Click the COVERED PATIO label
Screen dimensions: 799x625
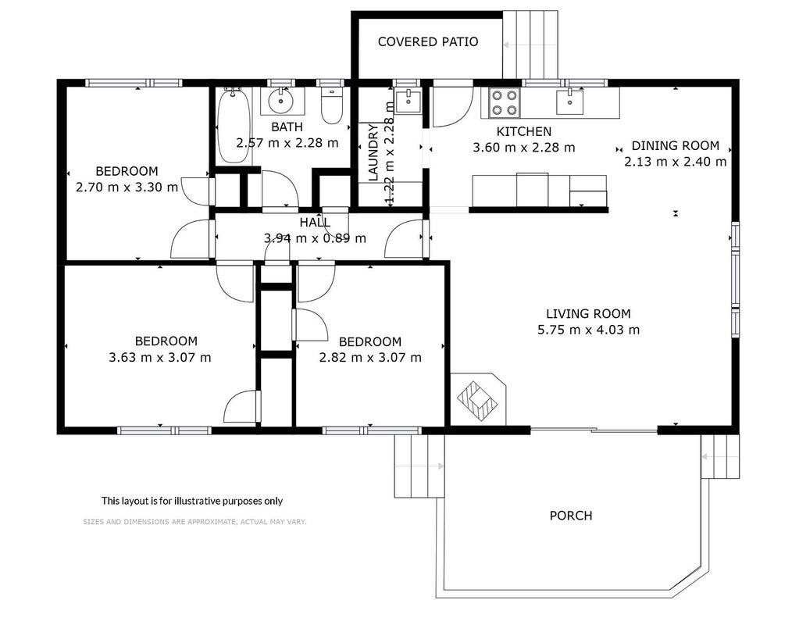428,42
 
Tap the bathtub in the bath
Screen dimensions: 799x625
234,126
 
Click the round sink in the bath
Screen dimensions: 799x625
282,101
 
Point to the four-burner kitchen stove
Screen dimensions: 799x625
505,102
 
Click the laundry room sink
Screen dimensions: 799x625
408,100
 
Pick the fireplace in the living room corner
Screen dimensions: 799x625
477,398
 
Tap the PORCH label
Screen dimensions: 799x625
571,516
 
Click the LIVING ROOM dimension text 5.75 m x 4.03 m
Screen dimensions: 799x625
589,330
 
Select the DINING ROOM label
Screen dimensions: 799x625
675,146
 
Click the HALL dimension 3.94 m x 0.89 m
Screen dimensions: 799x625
315,238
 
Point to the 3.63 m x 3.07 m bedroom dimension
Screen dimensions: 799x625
160,357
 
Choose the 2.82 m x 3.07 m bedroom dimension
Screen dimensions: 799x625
370,358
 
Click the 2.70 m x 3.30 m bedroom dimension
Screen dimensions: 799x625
127,187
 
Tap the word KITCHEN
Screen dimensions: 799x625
524,131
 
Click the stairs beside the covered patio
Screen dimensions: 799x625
530,45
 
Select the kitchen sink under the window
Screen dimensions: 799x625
569,101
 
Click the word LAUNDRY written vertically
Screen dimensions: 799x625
373,152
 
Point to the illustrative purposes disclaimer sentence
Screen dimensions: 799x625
192,501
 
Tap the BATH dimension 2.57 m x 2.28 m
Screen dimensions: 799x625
287,143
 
